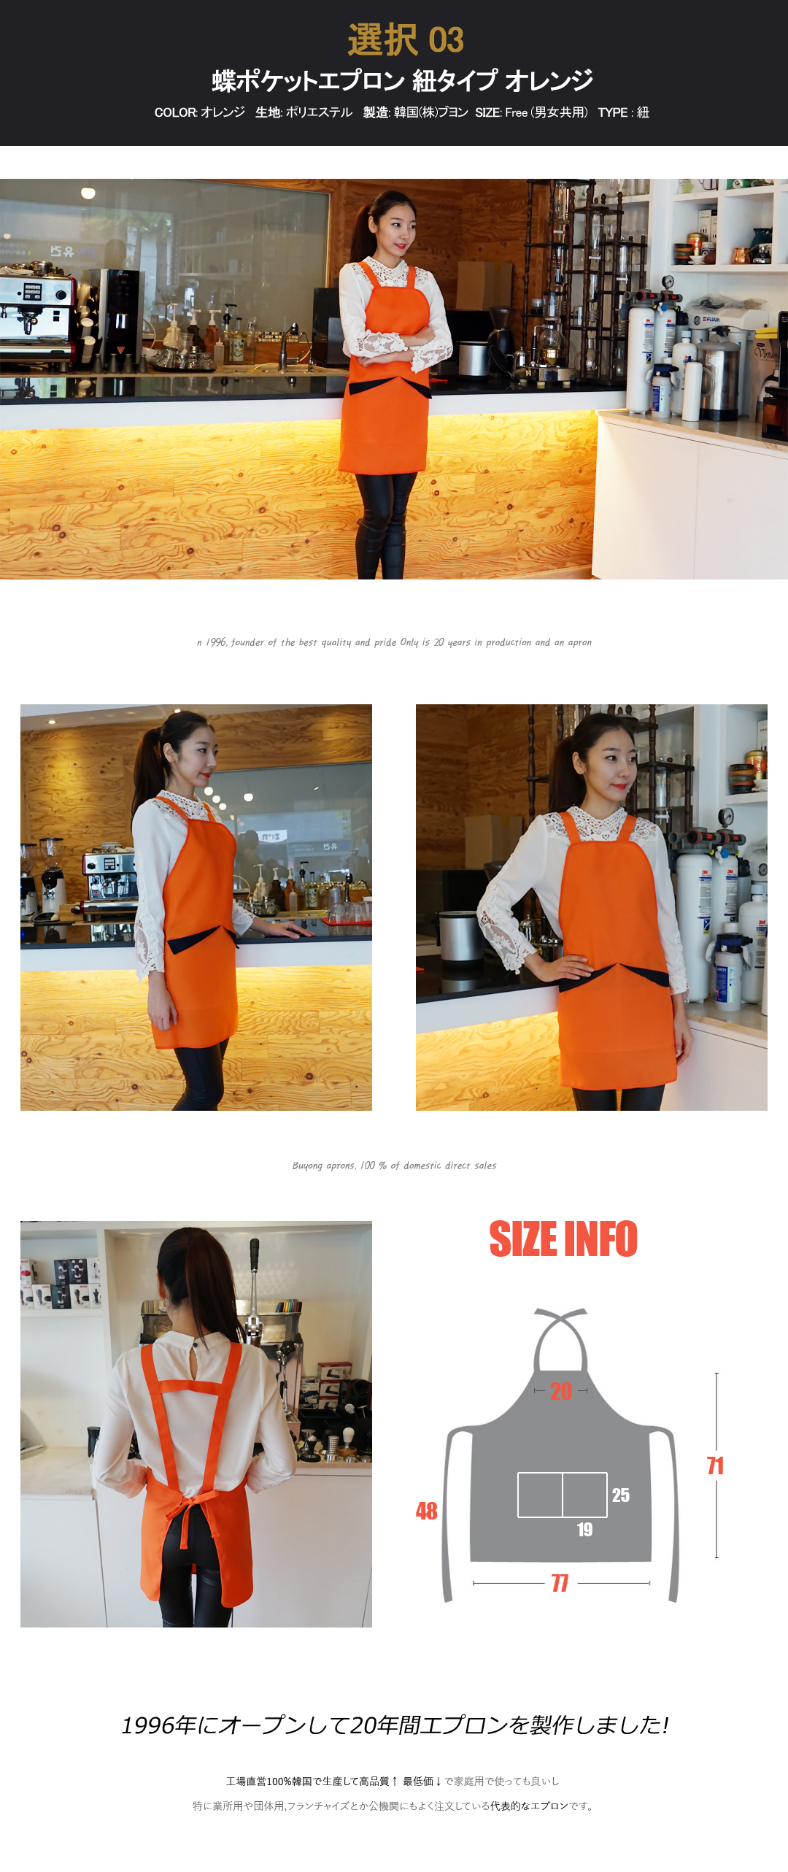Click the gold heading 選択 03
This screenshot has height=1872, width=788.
[x=406, y=39]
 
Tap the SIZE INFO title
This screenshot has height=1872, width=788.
[x=563, y=1239]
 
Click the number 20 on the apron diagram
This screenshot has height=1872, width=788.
[x=561, y=1391]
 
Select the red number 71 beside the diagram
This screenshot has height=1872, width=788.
[x=715, y=1465]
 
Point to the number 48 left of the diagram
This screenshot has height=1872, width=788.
[x=427, y=1511]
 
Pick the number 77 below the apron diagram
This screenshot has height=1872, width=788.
[x=560, y=1583]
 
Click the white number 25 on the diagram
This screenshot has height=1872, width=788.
[x=621, y=1495]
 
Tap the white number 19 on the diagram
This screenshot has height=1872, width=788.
[x=584, y=1530]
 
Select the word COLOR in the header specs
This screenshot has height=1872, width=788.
[x=175, y=112]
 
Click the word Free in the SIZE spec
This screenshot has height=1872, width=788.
[x=516, y=112]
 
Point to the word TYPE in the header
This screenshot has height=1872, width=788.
[x=613, y=112]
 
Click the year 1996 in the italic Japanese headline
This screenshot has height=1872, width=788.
[x=148, y=1725]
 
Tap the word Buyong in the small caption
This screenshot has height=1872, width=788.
[x=307, y=1166]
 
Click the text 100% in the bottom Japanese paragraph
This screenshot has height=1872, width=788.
[x=279, y=1782]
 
